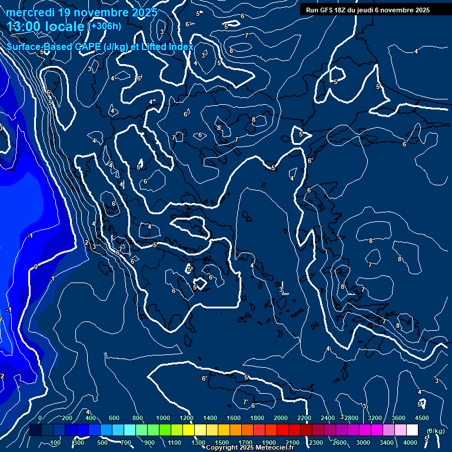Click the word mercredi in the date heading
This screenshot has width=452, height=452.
pos(30,12)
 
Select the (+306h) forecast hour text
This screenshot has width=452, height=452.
pos(104,26)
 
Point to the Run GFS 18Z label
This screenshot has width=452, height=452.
pos(331,10)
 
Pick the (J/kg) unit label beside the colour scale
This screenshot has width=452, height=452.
pos(436,431)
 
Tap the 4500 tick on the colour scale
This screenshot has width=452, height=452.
pos(421,418)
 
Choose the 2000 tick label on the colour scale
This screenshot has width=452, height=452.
pos(280,418)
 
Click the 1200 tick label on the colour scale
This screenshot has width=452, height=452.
pos(186,418)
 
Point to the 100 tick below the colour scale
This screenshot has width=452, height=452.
pos(55,443)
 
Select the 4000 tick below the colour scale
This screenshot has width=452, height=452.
pos(410,443)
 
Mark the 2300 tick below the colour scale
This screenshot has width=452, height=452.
pos(316,443)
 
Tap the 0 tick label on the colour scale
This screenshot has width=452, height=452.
pos(40,418)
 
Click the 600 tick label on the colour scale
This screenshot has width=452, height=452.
pos(114,418)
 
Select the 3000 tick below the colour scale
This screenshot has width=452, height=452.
pos(363,443)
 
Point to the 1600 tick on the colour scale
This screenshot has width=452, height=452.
pos(233,418)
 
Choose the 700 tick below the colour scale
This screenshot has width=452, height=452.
pos(127,443)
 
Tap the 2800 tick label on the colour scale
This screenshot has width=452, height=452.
pos(351,418)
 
